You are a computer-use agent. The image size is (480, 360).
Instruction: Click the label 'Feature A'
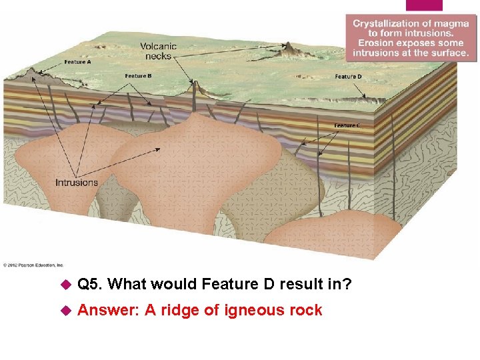(78, 62)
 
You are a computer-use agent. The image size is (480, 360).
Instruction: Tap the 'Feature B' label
(138, 76)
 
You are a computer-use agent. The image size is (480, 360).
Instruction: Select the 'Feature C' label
(347, 125)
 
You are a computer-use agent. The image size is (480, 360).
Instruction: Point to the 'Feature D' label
(348, 77)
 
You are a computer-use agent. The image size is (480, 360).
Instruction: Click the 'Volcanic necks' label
(158, 51)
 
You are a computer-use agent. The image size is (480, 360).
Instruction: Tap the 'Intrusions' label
(76, 182)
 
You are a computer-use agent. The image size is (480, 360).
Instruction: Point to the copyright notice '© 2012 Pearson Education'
(33, 264)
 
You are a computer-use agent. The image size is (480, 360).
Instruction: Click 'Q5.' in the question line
(90, 285)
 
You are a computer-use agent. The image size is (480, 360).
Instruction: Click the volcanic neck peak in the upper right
(289, 47)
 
